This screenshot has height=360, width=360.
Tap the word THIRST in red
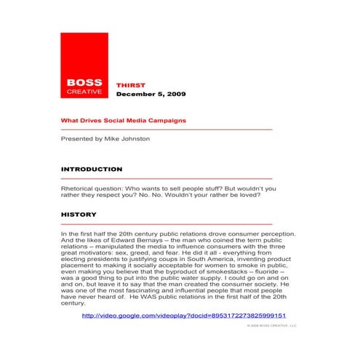[x=130, y=85]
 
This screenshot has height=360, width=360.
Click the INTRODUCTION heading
[x=91, y=169]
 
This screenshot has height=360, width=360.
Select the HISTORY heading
[x=79, y=215]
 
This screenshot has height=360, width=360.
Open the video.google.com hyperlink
[x=184, y=316]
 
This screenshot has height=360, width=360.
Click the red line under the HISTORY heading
[x=167, y=225]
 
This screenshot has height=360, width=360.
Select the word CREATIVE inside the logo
[x=84, y=92]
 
